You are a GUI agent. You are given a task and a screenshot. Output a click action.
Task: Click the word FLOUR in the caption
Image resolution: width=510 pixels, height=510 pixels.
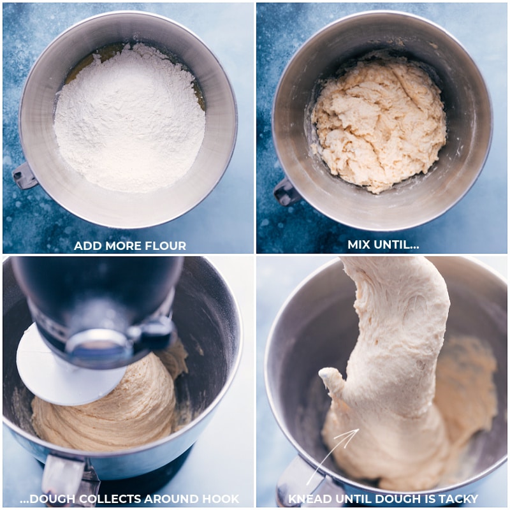[x=168, y=245]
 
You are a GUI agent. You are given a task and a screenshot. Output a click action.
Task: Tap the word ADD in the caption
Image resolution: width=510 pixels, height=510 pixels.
[x=85, y=245]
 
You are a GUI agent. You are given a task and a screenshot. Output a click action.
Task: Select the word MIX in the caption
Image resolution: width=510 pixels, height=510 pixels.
[x=360, y=245]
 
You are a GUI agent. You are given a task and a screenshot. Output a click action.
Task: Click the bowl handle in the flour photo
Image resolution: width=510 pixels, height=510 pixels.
[x=24, y=175]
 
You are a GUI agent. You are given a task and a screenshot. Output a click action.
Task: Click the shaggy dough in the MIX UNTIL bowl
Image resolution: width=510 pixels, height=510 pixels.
[x=379, y=121]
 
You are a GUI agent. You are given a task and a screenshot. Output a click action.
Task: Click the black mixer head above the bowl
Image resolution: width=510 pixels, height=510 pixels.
[x=96, y=287]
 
